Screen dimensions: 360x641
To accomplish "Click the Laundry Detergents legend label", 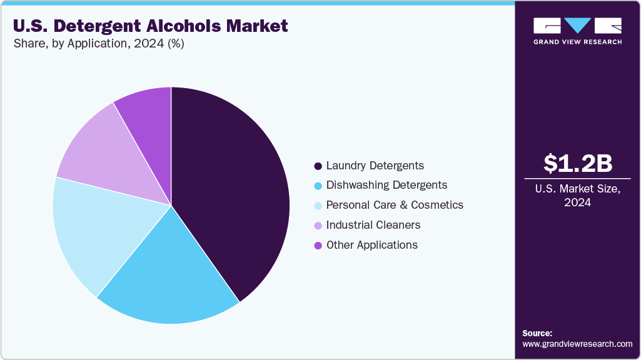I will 375,166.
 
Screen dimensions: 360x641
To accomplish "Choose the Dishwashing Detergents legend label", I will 386,185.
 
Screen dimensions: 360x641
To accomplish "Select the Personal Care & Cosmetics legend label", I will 395,205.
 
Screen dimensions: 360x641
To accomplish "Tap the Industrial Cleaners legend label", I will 373,224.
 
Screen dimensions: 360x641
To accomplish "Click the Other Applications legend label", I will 371,244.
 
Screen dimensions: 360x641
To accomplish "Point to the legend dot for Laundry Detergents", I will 318,166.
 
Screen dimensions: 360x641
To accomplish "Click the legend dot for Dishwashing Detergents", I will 318,186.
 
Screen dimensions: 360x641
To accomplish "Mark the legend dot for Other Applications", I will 318,245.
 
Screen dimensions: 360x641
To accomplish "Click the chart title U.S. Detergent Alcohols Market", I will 150,26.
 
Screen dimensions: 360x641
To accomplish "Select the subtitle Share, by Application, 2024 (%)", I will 98,44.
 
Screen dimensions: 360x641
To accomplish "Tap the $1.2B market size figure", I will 577,163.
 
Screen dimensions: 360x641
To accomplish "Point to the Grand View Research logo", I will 577,30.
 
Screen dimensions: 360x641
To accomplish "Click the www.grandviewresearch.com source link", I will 577,344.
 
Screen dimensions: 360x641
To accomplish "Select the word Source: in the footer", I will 537,333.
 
